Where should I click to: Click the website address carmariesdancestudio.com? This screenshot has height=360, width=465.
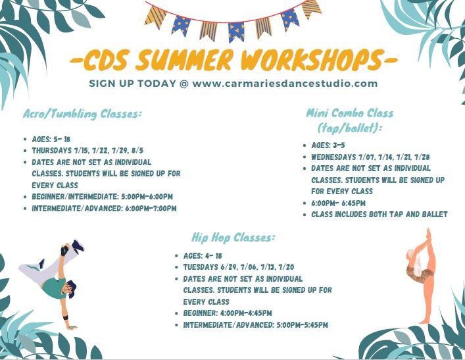[x=285, y=84]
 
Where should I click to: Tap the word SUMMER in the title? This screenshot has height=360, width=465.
[x=184, y=60]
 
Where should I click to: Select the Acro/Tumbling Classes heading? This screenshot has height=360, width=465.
[x=82, y=114]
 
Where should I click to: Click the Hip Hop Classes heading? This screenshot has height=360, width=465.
[x=233, y=238]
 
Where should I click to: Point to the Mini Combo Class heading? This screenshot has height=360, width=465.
[x=350, y=120]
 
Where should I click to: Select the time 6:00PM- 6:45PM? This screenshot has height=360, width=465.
[x=338, y=203]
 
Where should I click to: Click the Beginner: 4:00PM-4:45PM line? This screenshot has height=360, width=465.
[x=228, y=313]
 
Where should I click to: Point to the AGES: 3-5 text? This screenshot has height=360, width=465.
[x=328, y=145]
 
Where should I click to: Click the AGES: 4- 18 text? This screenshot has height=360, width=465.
[x=203, y=255]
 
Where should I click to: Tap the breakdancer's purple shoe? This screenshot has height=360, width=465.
[x=78, y=246]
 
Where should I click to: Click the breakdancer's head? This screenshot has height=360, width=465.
[x=70, y=288]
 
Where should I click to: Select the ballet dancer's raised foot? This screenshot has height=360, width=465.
[x=428, y=233]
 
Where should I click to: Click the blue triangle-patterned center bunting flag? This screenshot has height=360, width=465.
[x=236, y=32]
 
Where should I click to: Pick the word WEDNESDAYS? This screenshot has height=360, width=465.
[x=333, y=157]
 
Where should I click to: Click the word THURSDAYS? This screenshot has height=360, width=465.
[x=52, y=151]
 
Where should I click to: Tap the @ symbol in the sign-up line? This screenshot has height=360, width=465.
[x=184, y=84]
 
